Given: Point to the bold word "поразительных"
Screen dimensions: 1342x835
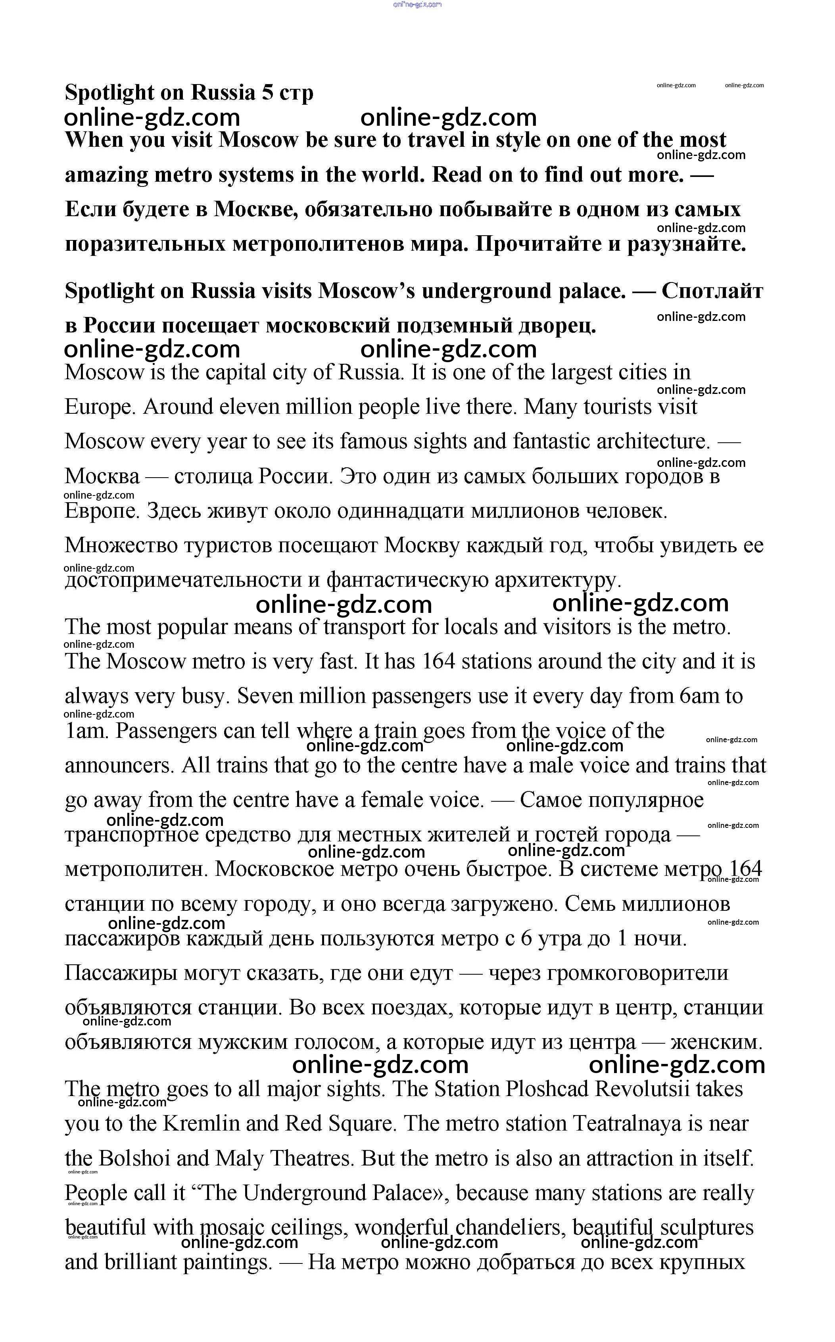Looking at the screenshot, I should pyautogui.click(x=145, y=244).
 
